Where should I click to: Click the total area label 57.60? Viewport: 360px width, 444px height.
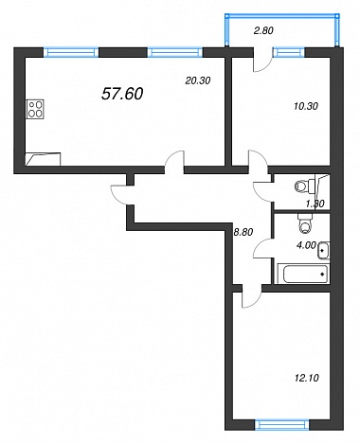[122, 94]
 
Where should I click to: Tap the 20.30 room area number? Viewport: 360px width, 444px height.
[198, 80]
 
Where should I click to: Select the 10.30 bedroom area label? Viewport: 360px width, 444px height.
[306, 106]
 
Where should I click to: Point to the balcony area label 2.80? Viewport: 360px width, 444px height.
[263, 30]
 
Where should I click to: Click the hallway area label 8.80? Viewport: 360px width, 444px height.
[243, 232]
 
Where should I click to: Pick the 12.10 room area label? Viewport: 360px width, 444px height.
[306, 378]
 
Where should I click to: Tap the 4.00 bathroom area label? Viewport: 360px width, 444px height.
[306, 245]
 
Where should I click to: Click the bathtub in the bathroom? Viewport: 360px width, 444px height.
[302, 274]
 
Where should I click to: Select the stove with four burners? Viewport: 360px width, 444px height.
[35, 109]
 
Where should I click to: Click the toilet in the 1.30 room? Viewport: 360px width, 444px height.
[303, 186]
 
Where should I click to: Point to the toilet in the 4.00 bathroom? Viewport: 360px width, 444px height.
[306, 223]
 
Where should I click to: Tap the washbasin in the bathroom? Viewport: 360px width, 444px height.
[324, 250]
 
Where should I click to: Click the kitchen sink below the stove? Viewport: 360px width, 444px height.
[43, 159]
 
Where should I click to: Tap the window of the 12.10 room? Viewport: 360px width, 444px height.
[281, 424]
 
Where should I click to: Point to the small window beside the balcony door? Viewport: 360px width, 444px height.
[289, 52]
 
